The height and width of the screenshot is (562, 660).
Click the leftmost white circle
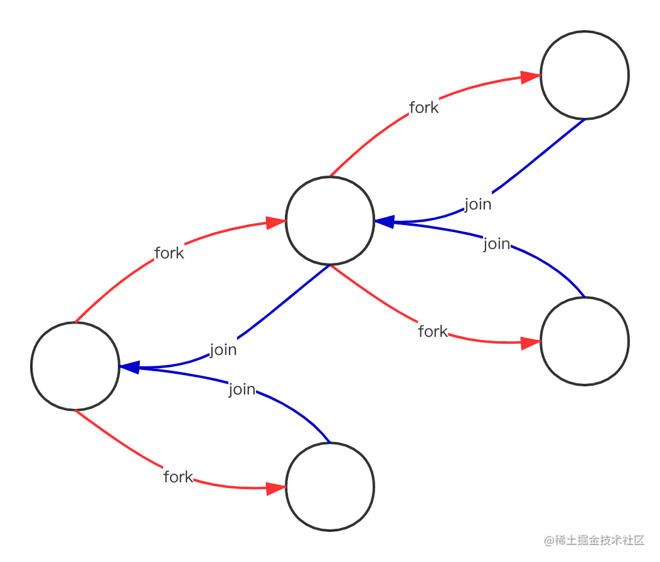click(75, 366)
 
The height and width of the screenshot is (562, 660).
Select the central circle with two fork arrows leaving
click(330, 221)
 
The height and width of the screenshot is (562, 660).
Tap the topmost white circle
click(584, 75)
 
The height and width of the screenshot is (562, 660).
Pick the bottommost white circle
click(330, 487)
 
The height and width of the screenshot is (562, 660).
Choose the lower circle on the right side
click(584, 342)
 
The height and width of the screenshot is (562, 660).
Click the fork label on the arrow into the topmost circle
click(424, 108)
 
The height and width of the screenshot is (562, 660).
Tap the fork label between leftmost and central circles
click(169, 253)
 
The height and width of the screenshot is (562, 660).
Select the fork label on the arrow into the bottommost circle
click(178, 477)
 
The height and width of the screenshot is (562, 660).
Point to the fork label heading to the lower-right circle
click(433, 331)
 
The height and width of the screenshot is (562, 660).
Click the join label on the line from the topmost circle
click(477, 204)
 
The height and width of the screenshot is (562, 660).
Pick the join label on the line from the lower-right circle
click(497, 243)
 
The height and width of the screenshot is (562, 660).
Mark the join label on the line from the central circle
click(223, 350)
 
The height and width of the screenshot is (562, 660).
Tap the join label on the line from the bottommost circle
click(242, 390)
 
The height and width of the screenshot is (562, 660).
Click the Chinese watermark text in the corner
click(593, 539)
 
